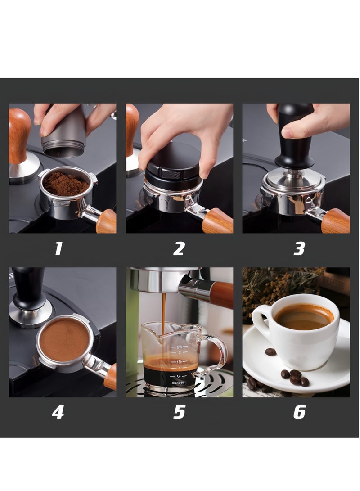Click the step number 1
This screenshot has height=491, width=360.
58,248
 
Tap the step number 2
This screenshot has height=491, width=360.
179,248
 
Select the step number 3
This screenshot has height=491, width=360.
299,248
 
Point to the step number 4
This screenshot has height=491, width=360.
58,412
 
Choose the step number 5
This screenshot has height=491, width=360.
179,412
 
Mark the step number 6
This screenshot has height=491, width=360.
299,412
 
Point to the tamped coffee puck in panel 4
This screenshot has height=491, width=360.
64,340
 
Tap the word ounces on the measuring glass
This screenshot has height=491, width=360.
178,383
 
